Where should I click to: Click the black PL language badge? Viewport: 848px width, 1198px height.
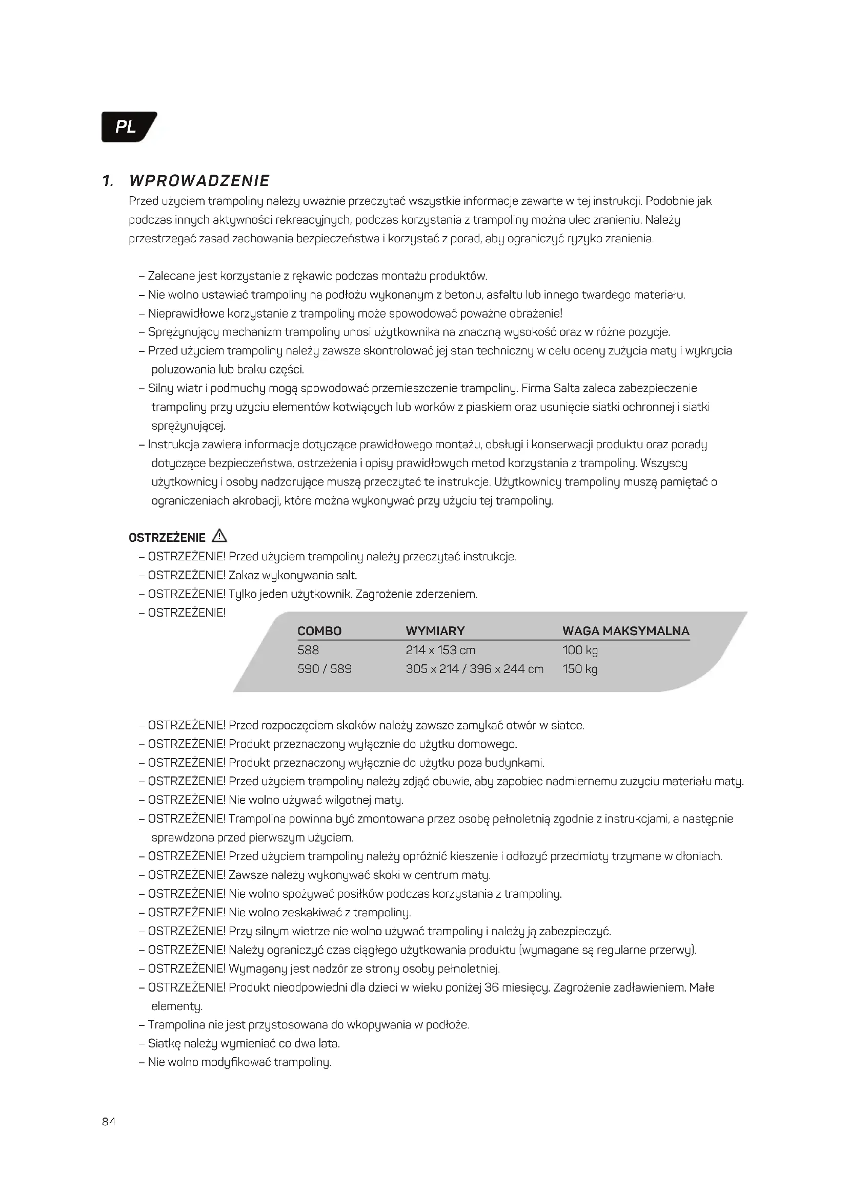click(x=128, y=127)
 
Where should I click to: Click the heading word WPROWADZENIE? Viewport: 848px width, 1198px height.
click(x=199, y=180)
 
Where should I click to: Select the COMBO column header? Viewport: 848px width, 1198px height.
click(x=319, y=631)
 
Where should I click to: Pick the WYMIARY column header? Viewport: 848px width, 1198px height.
click(x=434, y=631)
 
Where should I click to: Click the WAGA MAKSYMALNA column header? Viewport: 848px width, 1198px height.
click(x=625, y=631)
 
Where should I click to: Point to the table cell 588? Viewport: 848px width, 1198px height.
click(x=308, y=650)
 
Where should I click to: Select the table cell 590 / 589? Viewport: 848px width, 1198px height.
click(x=324, y=669)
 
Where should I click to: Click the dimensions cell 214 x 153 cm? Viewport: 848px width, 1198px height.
click(x=440, y=650)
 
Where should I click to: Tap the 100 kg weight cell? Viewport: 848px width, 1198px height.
click(x=580, y=650)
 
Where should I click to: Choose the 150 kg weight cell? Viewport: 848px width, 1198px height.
click(x=580, y=669)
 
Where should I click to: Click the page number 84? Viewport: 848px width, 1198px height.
click(x=109, y=1122)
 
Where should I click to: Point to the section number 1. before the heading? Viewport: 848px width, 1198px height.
click(x=108, y=181)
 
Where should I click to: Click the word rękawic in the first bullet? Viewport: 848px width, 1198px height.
click(x=314, y=276)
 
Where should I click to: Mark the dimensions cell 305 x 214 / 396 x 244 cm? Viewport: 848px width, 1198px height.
click(x=474, y=669)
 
